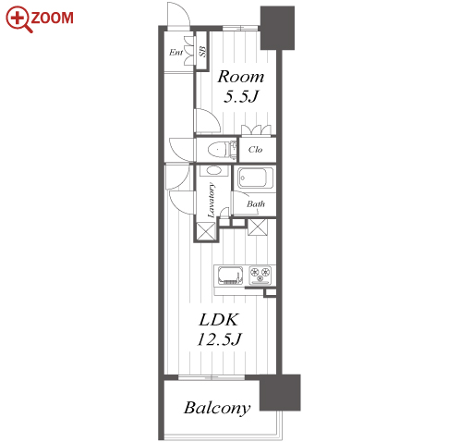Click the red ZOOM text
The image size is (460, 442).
[52, 18]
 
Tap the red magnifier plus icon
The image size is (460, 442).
[18, 18]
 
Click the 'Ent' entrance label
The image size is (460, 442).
[176, 53]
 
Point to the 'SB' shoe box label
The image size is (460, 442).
[202, 51]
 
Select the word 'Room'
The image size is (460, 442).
[241, 77]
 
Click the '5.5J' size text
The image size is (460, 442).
[240, 96]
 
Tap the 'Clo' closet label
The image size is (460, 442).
[255, 150]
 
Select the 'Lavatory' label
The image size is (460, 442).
[211, 201]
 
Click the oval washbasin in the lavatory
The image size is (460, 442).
[213, 170]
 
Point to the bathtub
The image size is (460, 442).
[255, 178]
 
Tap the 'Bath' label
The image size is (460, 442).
[256, 203]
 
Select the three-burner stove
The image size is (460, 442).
[260, 275]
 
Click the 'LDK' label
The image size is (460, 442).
[218, 320]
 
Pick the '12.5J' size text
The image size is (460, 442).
[219, 339]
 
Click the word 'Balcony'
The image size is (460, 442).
[217, 408]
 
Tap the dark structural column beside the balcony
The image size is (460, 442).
[280, 392]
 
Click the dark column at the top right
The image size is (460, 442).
[277, 28]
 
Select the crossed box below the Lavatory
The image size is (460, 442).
[206, 230]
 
